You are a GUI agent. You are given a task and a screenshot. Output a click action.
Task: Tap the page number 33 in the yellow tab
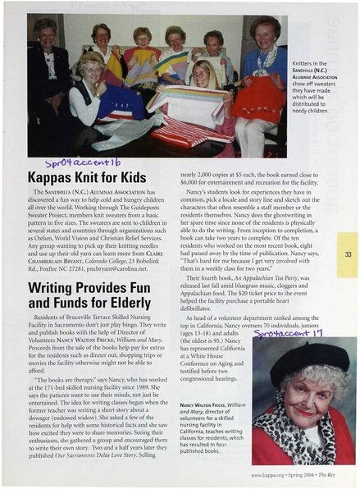pos(348,255)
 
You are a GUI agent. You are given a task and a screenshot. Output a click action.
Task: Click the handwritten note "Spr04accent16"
pos(85,162)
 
